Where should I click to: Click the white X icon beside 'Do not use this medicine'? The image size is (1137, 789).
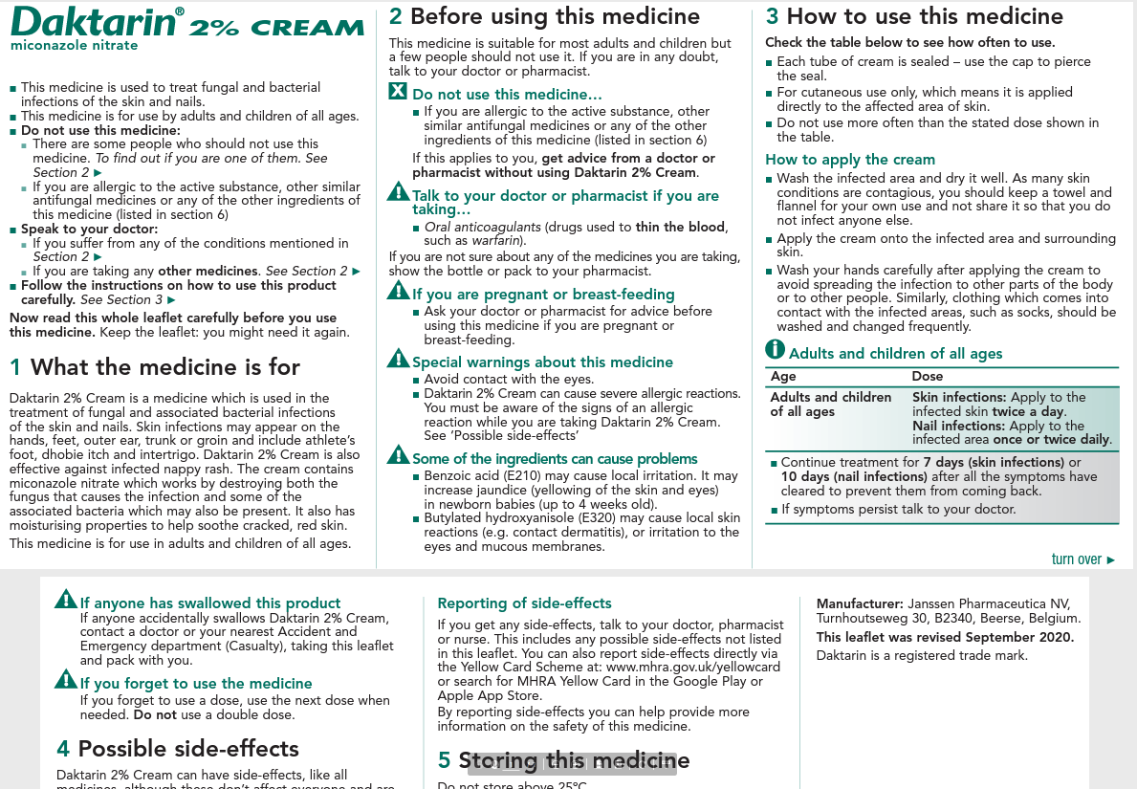[x=398, y=93]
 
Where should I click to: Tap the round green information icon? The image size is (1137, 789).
[x=775, y=350]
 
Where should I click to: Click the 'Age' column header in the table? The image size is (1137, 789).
[x=783, y=377]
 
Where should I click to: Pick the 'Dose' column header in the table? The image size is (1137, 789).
[x=927, y=377]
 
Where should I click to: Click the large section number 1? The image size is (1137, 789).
[x=15, y=367]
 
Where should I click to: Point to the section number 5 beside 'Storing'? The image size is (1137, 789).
[x=444, y=761]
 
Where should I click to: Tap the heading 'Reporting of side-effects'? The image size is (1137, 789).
[x=524, y=603]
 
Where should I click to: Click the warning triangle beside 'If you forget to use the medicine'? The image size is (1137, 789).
[x=65, y=680]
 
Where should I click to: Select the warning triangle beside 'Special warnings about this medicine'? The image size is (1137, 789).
[x=398, y=360]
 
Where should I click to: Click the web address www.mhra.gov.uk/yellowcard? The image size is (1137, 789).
[x=693, y=667]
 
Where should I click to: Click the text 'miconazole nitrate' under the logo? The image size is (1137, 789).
[x=74, y=46]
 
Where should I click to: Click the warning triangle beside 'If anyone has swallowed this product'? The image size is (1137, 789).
[x=65, y=600]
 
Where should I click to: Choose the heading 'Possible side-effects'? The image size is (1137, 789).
[x=188, y=749]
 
